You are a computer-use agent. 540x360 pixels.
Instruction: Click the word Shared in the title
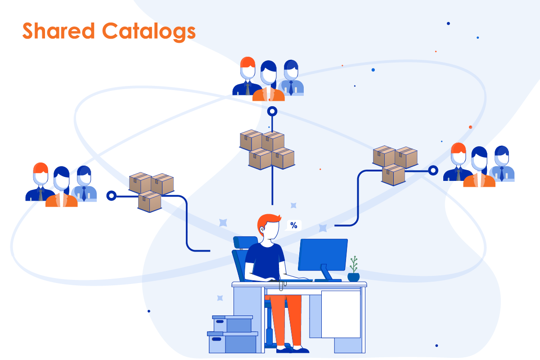58,31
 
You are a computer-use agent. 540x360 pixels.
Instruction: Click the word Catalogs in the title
149,32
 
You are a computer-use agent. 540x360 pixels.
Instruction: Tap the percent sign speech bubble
293,225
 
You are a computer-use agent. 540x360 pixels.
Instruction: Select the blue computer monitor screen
323,255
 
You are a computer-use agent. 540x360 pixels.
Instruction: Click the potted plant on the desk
353,269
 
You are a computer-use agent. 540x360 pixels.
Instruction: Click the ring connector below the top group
272,111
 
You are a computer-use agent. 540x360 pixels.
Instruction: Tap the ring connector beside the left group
112,196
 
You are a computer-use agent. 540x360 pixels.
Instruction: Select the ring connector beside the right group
433,171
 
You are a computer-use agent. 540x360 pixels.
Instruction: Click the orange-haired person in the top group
247,77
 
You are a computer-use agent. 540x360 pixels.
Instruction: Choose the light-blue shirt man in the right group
502,164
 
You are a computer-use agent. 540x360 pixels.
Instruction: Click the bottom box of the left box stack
149,201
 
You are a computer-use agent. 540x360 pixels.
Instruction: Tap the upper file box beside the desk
232,324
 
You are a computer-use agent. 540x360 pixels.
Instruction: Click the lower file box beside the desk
232,342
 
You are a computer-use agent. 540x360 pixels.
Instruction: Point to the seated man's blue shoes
292,350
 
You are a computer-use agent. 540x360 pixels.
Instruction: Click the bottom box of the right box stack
393,175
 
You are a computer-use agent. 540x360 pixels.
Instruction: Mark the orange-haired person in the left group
40,183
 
